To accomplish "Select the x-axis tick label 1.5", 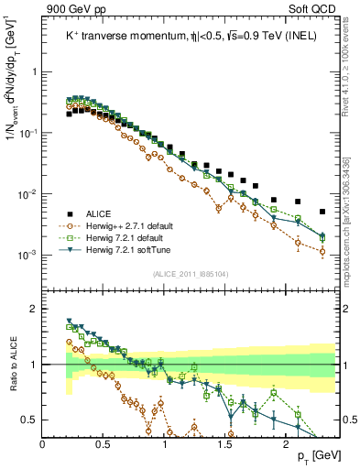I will [225, 444].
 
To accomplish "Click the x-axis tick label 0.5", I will [104, 444].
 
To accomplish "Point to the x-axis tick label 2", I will [286, 444].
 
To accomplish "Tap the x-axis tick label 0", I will [43, 444].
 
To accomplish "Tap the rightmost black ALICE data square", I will [322, 212].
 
